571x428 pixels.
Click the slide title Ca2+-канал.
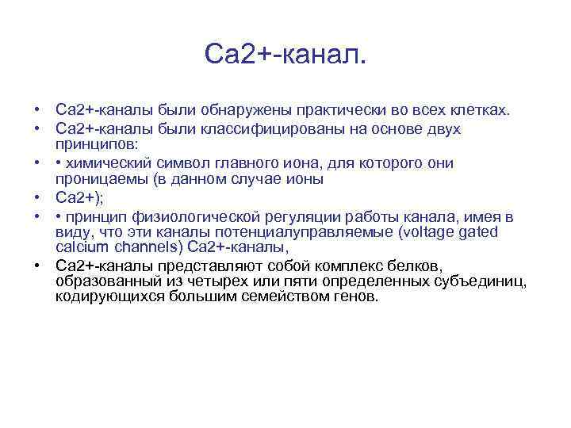(285, 55)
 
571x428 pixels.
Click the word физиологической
(224, 216)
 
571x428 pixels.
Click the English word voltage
(430, 232)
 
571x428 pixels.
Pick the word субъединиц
(484, 281)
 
